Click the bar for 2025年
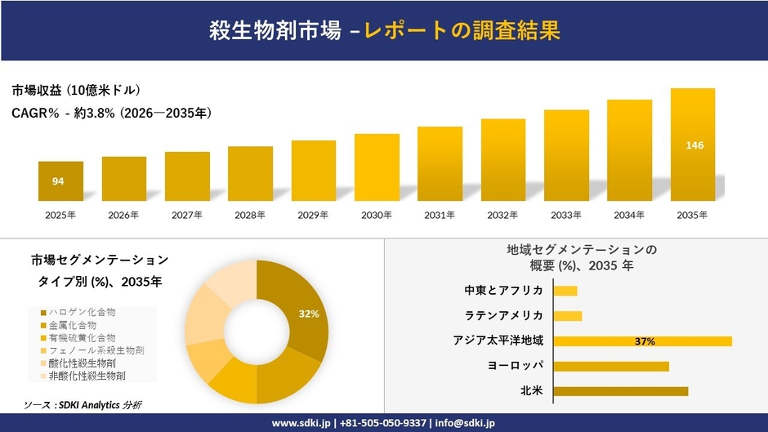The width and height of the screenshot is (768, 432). [60, 181]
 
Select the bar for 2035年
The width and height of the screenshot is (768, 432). [693, 145]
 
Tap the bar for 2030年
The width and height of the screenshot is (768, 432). [377, 167]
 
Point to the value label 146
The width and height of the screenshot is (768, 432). [694, 145]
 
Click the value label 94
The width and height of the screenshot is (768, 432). [58, 181]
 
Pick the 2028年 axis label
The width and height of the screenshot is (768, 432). [249, 215]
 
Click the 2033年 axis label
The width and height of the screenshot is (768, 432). [566, 215]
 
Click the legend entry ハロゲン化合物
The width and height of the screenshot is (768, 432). [82, 312]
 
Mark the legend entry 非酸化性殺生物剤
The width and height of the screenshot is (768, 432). [87, 376]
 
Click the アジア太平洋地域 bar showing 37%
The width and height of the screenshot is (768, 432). [643, 341]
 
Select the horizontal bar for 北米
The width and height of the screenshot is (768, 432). [621, 391]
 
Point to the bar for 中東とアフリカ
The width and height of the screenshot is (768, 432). [565, 291]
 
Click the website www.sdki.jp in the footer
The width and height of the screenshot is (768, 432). [301, 423]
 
